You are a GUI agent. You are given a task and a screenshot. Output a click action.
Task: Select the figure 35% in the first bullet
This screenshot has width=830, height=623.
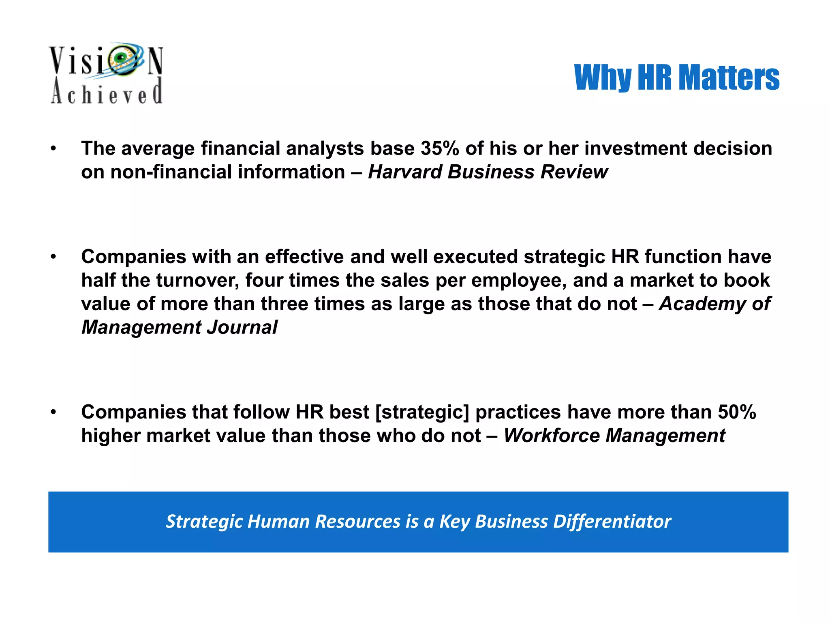(440, 148)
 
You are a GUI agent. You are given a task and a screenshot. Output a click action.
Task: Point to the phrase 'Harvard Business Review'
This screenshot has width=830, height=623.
(488, 172)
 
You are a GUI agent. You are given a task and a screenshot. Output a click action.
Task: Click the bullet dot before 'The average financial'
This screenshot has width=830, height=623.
(53, 148)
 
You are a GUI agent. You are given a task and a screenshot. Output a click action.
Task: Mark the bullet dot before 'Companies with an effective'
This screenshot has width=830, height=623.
(53, 257)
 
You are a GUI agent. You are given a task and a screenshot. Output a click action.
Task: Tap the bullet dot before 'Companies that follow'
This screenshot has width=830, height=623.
(53, 412)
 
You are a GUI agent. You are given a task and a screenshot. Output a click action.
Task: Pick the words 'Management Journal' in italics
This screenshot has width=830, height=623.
(180, 327)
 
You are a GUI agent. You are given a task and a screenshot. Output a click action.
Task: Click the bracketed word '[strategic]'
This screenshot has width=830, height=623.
(422, 412)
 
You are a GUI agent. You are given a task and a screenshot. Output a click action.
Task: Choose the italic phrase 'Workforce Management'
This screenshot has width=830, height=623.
(614, 436)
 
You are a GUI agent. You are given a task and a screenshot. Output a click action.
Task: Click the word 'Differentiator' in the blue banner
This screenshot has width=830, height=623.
(612, 522)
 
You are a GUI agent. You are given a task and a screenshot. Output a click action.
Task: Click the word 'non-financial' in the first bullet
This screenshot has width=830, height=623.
(171, 172)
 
